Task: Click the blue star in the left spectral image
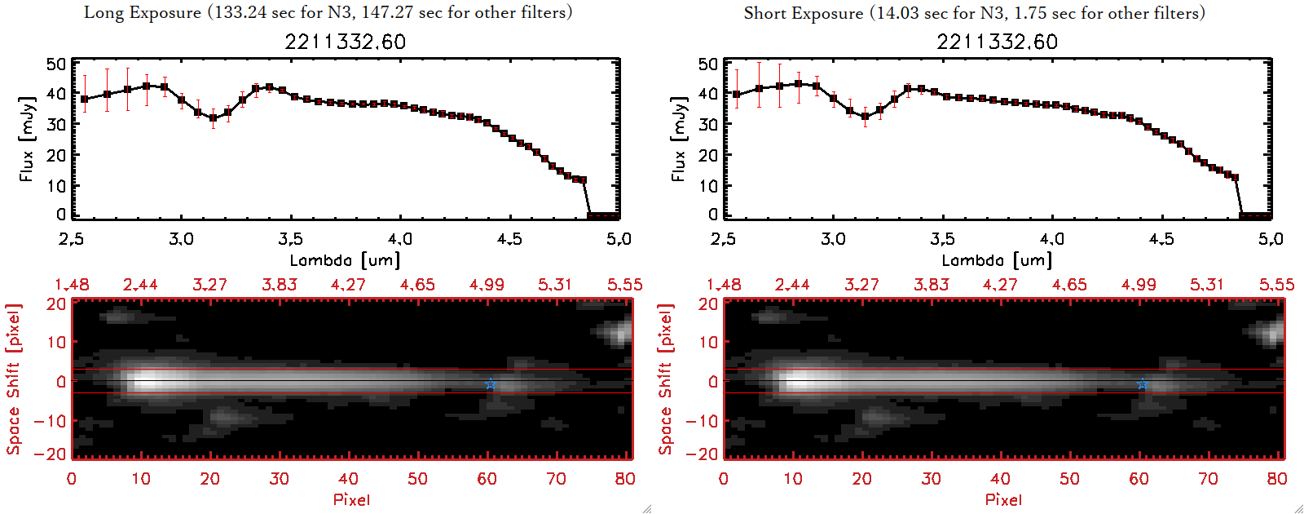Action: click(x=490, y=383)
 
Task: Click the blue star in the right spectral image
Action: click(x=1142, y=383)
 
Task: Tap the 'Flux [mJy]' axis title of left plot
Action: click(x=27, y=139)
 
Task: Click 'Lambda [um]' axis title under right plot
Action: click(x=997, y=260)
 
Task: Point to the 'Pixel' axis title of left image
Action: click(x=351, y=499)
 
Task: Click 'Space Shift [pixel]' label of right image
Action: click(x=666, y=379)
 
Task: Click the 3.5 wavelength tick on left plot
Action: click(x=290, y=239)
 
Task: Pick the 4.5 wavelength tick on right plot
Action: click(x=1161, y=239)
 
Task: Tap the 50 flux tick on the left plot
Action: click(x=56, y=64)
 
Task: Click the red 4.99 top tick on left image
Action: click(x=487, y=285)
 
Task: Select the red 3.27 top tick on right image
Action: click(x=861, y=285)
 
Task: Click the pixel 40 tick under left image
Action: click(x=348, y=479)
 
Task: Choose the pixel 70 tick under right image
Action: click(x=1208, y=479)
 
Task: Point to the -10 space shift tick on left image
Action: click(x=50, y=421)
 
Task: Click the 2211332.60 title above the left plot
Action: click(x=345, y=42)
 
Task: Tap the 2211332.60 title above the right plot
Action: click(x=997, y=42)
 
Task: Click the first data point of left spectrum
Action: click(x=85, y=99)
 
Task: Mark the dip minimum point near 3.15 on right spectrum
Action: click(x=865, y=117)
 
